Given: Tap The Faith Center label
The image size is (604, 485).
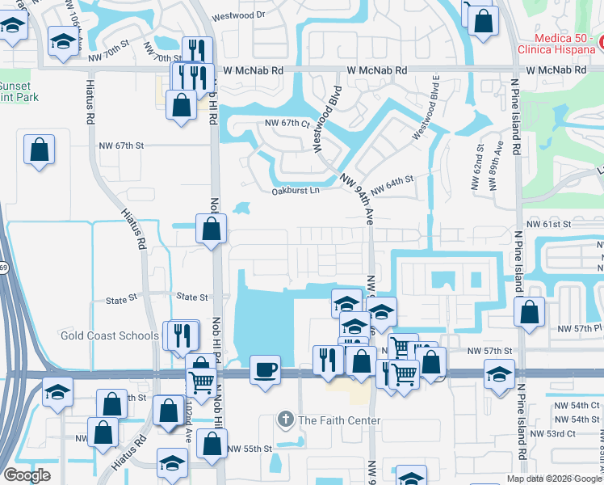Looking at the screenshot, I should pyautogui.click(x=338, y=420).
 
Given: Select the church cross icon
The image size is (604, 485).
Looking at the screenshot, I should pyautogui.click(x=284, y=420).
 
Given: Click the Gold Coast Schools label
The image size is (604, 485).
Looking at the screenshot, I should pyautogui.click(x=110, y=335).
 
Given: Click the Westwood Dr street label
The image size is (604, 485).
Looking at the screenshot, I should pyautogui.click(x=238, y=15).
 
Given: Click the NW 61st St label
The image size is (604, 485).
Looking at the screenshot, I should pyautogui.click(x=548, y=223).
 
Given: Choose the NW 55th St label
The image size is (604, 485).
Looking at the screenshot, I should pyautogui.click(x=245, y=449).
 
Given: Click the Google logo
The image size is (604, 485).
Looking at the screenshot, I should pyautogui.click(x=27, y=475).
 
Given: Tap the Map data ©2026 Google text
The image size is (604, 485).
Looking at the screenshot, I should pyautogui.click(x=553, y=479).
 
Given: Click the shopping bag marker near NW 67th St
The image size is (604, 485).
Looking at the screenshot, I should pyautogui.click(x=39, y=150).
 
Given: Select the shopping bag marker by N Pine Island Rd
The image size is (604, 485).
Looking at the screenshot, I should pyautogui.click(x=529, y=313).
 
